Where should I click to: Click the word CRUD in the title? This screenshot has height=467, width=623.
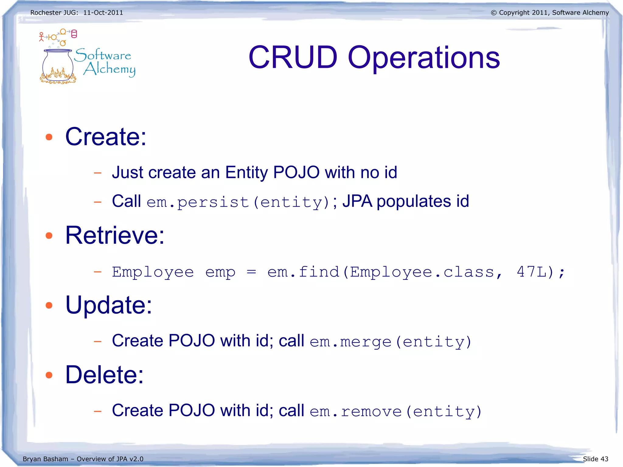pos(293,57)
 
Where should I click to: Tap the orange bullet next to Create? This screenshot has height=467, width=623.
pos(49,137)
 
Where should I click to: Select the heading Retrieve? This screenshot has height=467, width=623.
pos(115,235)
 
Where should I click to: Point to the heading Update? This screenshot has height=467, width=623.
pos(109,305)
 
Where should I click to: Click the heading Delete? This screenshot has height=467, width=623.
pos(104,375)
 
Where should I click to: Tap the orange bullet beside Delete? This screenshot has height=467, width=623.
pos(49,375)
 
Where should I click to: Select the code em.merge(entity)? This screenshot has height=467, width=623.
pos(390,342)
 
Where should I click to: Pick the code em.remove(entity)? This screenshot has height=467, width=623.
pos(395,411)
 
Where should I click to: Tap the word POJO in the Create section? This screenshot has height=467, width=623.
pos(296,172)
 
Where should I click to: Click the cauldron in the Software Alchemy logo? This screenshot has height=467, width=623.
pos(58,65)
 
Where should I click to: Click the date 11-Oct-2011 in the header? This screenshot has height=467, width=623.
pos(103,12)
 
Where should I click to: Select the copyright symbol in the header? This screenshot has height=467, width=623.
pos(493,13)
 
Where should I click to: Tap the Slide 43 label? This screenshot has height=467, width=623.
pos(595,459)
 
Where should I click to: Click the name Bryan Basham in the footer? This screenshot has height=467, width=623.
pos(45,459)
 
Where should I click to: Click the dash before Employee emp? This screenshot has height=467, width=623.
pos(97,272)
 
